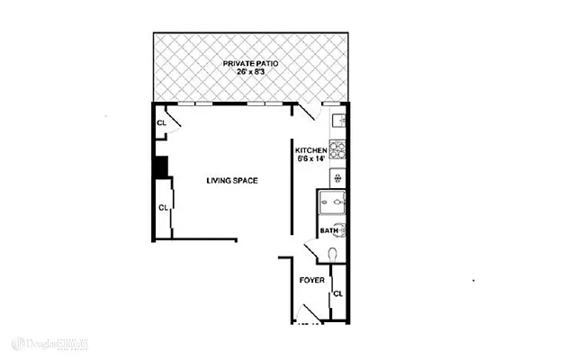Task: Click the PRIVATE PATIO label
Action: (250, 63)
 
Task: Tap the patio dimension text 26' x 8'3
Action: (250, 73)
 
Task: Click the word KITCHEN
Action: (310, 150)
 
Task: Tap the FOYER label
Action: (311, 280)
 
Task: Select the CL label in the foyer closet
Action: (338, 294)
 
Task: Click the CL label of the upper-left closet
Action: (161, 122)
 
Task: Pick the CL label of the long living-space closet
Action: (163, 208)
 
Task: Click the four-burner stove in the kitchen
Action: (338, 150)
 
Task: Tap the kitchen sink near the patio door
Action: (339, 121)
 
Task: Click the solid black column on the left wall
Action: (160, 167)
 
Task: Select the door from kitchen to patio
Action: (307, 112)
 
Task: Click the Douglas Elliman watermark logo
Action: (51, 343)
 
